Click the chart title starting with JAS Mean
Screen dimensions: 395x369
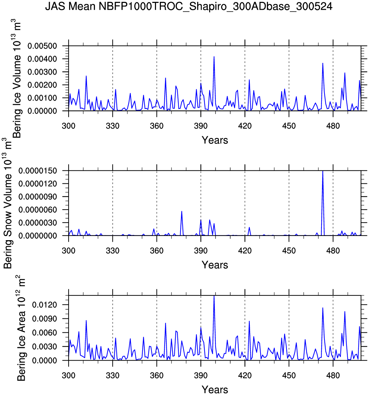pyautogui.click(x=189, y=6)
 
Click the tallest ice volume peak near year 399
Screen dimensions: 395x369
pyautogui.click(x=214, y=57)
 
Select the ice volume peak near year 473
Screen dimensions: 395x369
pyautogui.click(x=323, y=63)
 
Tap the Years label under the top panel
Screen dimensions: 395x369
pyautogui.click(x=215, y=140)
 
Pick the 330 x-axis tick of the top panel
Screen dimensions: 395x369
pyautogui.click(x=112, y=126)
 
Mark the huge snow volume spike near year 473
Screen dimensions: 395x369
pyautogui.click(x=323, y=171)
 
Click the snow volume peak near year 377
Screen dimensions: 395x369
pyautogui.click(x=182, y=211)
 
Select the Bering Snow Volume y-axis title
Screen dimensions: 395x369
pyautogui.click(x=7, y=203)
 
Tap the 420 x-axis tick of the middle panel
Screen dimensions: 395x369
pyautogui.click(x=245, y=251)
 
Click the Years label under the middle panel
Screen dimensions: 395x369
pyautogui.click(x=215, y=265)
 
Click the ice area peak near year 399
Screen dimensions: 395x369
pyautogui.click(x=214, y=296)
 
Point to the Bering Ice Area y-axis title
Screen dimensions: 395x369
pyautogui.click(x=21, y=328)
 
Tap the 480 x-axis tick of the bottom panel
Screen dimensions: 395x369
pyautogui.click(x=333, y=376)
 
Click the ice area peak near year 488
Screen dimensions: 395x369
pyautogui.click(x=345, y=312)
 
